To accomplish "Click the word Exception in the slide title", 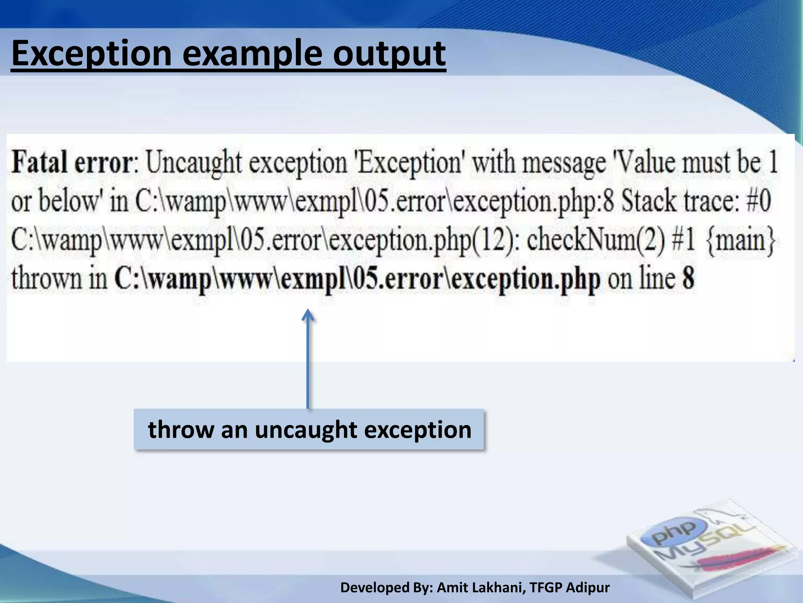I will point(91,54).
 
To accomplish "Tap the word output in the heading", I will point(389,54).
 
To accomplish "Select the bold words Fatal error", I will point(73,162).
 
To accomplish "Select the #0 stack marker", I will point(758,201).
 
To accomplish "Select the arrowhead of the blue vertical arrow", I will point(308,315).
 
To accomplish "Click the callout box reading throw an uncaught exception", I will point(309,429).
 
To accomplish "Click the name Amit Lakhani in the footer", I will point(481,588).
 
